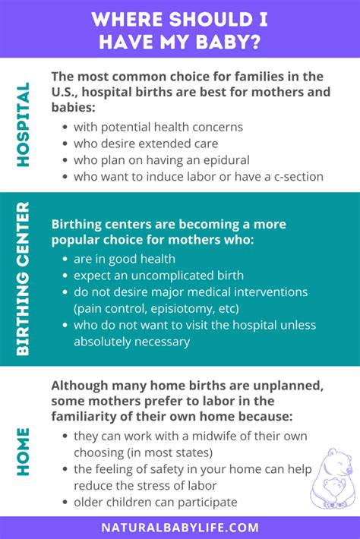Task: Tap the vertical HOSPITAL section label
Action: (23, 125)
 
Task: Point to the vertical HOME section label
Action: (23, 452)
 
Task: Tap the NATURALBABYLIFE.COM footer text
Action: (180, 527)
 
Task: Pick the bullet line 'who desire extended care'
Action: (147, 143)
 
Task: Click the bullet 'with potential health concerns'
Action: (158, 127)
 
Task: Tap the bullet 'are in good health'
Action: (125, 259)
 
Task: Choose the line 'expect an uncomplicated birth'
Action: (159, 276)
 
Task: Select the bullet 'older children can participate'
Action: (155, 502)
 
